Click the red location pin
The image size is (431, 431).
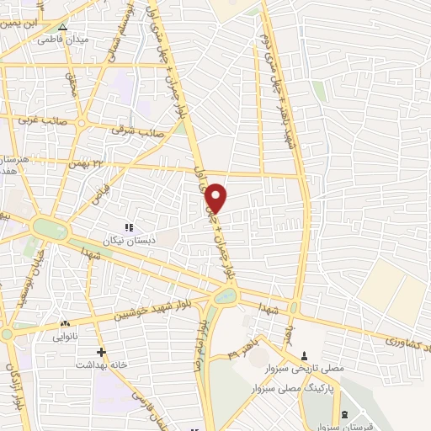216,198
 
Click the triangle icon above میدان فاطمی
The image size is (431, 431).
62,27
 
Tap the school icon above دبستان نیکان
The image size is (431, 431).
129,227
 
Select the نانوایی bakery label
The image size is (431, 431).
66,336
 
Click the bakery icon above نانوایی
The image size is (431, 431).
65,323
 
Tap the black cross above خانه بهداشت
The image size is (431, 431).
102,352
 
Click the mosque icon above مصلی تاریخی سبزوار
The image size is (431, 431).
304,354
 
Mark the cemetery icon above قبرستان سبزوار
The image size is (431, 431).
346,414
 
